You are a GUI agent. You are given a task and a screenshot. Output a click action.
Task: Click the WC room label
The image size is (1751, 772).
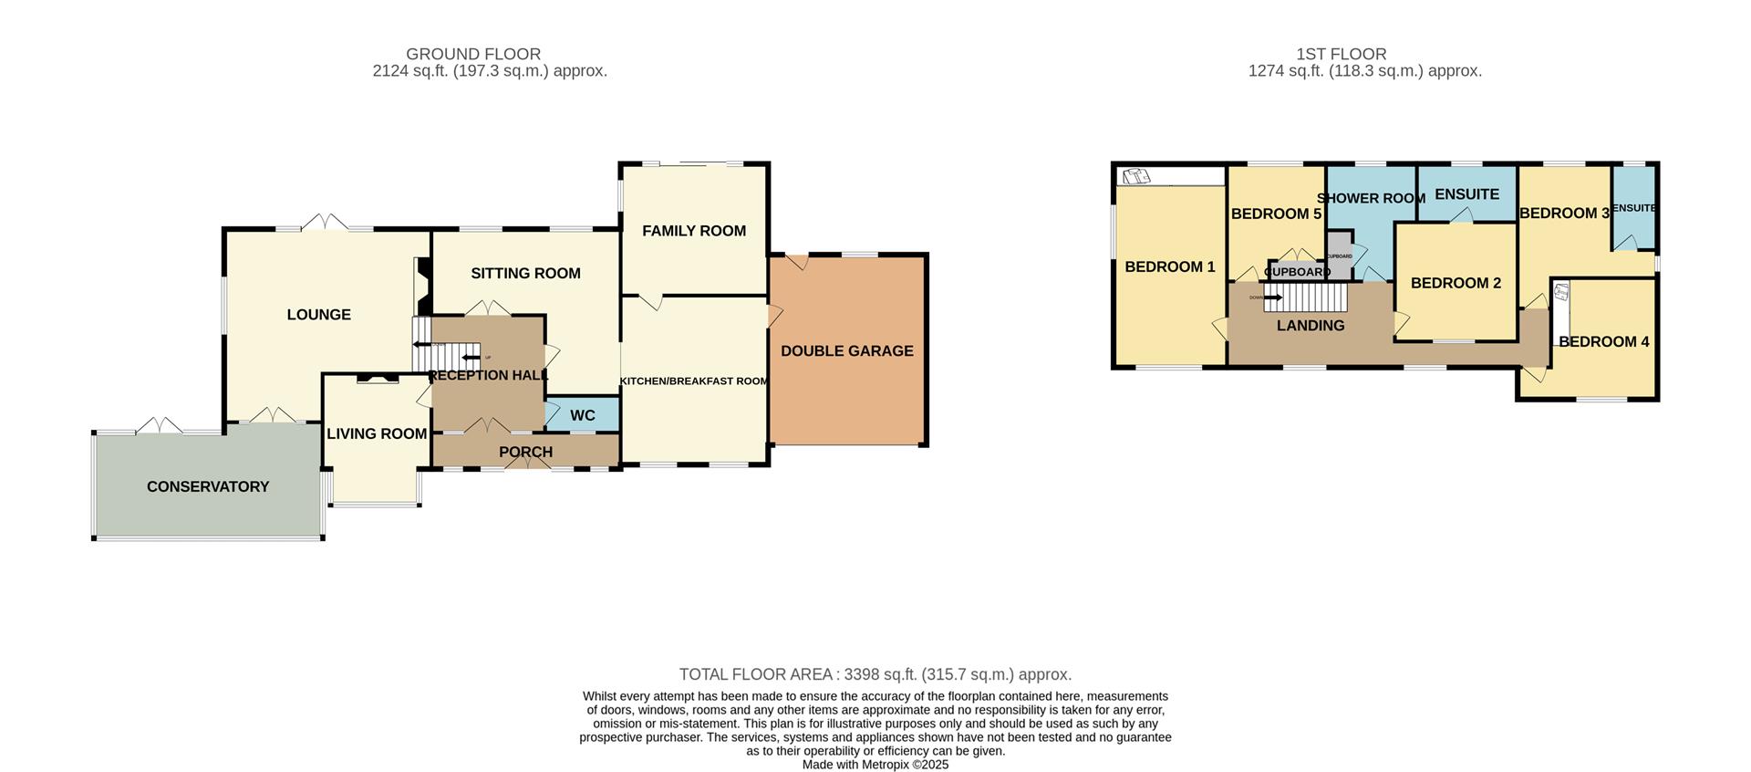582,415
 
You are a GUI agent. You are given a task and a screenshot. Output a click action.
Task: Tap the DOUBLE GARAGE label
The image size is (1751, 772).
846,350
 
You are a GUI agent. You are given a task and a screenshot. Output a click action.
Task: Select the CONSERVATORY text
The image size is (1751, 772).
208,486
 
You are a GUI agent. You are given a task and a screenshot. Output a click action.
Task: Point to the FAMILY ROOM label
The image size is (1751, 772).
693,231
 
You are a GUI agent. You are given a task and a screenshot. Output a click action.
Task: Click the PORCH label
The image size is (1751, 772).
525,452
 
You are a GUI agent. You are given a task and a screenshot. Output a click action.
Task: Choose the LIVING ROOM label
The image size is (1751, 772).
377,433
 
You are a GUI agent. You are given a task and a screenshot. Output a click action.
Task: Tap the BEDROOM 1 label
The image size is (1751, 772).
1169,266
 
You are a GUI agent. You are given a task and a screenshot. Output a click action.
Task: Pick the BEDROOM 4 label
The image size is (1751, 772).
1603,341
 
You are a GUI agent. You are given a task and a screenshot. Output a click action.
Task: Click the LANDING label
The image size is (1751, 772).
1310,325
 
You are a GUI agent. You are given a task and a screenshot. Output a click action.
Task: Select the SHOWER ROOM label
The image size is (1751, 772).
1371,198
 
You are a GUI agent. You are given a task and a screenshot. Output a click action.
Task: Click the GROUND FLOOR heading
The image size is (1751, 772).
473,54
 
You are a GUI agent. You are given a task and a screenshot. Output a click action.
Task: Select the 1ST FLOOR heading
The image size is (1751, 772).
1341,54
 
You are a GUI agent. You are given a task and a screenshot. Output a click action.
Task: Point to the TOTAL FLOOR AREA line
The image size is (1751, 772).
875,674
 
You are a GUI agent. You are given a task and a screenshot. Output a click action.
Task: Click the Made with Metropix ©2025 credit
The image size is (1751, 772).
875,765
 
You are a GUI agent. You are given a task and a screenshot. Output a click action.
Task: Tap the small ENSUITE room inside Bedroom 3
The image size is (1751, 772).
1633,208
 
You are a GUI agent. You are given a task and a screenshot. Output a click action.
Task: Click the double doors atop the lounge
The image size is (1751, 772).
325,222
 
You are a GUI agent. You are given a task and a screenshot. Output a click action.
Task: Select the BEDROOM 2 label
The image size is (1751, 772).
1456,283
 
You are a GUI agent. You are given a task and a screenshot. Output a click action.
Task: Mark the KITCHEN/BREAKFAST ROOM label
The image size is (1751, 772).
694,381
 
